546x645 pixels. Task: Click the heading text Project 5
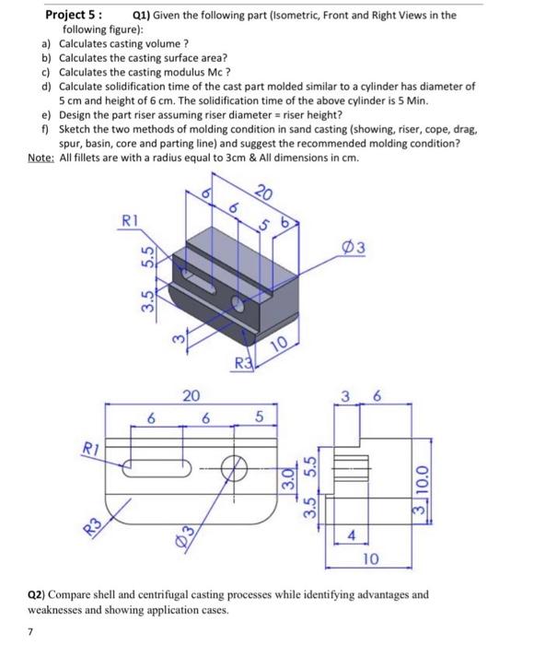[73, 16]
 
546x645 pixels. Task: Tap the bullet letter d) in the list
[47, 86]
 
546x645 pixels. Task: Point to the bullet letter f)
[47, 130]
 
